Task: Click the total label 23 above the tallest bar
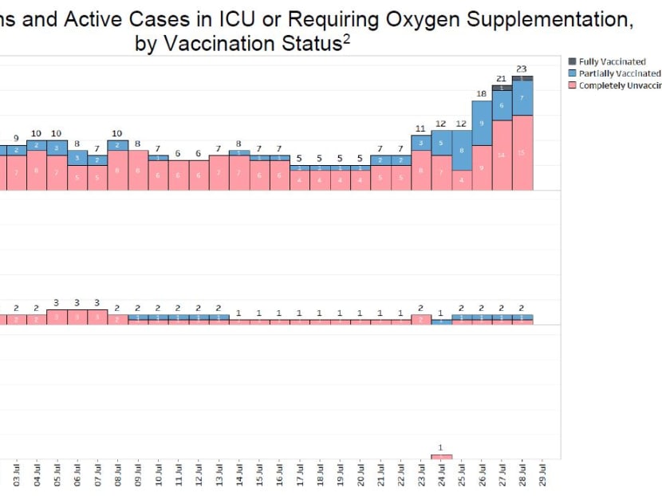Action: point(522,69)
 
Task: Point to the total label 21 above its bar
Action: point(502,78)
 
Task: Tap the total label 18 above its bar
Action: point(482,93)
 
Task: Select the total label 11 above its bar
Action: point(421,128)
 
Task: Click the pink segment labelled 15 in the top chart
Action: point(522,152)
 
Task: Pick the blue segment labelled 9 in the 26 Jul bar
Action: point(482,123)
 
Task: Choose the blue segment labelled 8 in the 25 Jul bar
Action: point(462,150)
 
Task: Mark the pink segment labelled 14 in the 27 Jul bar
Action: point(502,155)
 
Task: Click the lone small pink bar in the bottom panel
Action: point(441,457)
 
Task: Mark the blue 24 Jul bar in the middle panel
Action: point(441,321)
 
